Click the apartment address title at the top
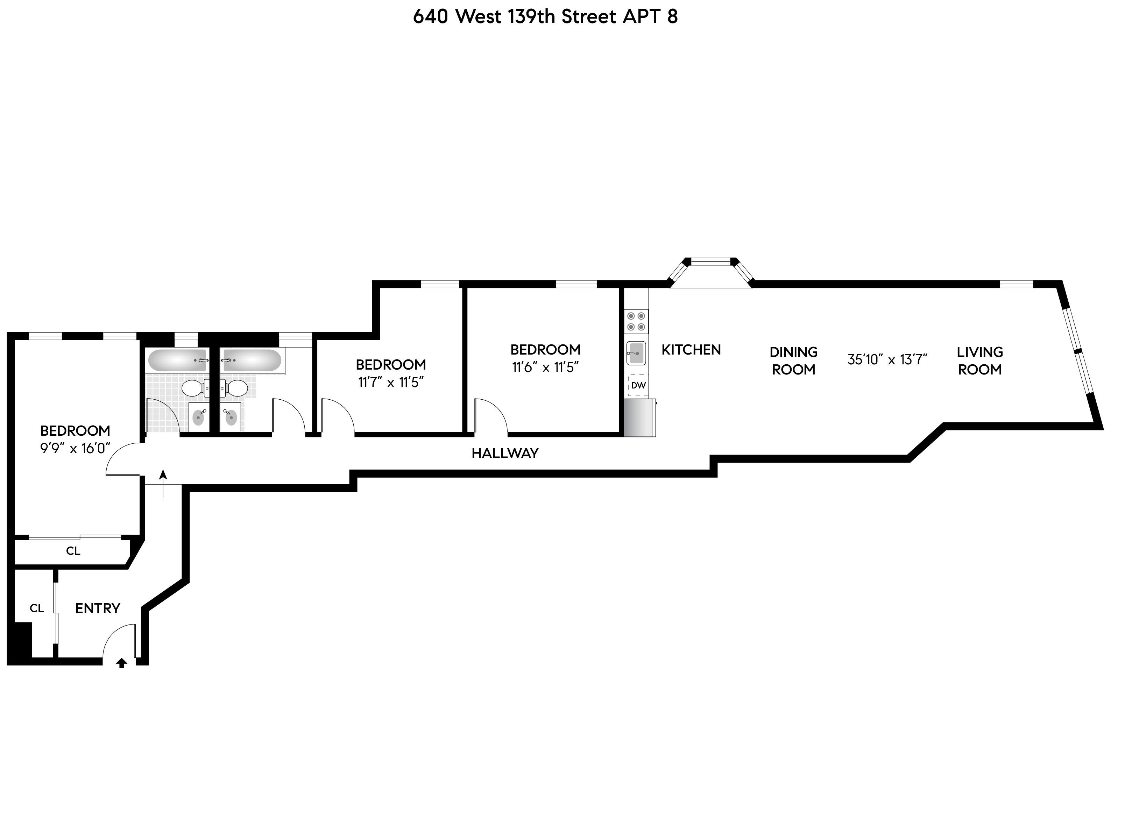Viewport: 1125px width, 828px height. point(545,16)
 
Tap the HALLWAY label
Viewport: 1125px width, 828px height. point(505,453)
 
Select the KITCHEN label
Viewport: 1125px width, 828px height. point(691,350)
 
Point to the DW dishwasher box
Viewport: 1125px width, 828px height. point(638,385)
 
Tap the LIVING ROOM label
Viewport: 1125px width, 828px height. point(979,361)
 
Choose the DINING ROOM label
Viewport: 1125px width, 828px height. point(794,361)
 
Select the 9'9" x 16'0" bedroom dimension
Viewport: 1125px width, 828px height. point(75,448)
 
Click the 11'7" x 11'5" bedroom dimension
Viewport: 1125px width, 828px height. point(391,383)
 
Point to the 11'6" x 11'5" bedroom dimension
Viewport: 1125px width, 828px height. point(545,367)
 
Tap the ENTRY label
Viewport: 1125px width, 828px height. point(98,608)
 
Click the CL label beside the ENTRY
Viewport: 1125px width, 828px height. point(37,608)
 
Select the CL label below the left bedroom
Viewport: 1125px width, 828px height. point(73,551)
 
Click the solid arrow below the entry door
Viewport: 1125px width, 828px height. point(121,663)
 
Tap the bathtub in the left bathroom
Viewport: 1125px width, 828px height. point(177,361)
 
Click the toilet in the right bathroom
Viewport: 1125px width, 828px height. point(234,387)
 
